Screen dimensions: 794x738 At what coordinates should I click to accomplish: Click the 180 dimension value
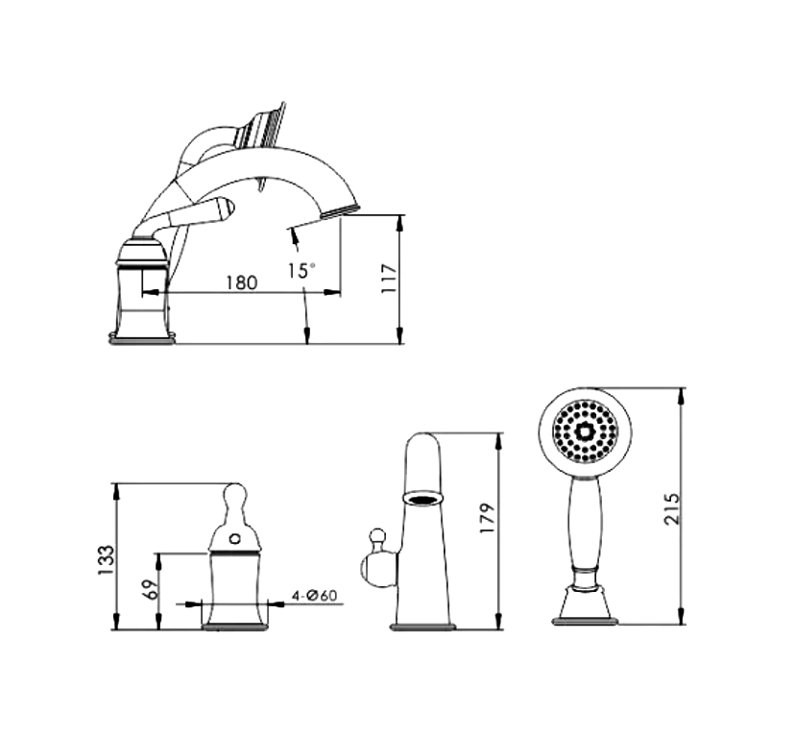click(x=242, y=283)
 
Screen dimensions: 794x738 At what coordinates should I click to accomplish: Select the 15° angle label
click(x=301, y=270)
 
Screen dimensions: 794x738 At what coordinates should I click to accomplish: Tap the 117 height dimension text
click(x=389, y=278)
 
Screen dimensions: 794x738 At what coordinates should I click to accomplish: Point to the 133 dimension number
click(x=106, y=559)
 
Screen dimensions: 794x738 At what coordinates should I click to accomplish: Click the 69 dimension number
click(x=151, y=590)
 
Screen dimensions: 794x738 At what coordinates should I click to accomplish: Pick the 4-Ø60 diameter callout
click(x=314, y=595)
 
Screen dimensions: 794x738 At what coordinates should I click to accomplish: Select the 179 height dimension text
click(x=487, y=518)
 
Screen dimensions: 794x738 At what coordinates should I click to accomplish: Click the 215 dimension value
click(x=672, y=508)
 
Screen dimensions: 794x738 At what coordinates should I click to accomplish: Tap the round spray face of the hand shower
click(x=585, y=431)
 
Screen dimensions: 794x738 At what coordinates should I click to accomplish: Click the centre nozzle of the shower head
click(x=586, y=432)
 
